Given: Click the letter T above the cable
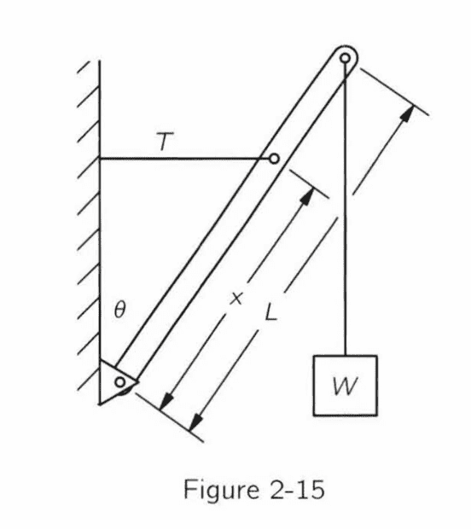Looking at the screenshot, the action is (165, 141).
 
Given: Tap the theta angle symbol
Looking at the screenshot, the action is (120, 310).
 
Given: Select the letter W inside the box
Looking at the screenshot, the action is (345, 386).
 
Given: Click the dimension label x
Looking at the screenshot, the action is (235, 299).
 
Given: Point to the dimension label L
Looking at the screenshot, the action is (271, 312).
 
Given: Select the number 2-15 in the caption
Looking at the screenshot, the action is (297, 490).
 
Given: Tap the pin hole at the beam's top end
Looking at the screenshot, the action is (345, 58).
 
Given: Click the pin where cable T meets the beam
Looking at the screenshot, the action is (274, 158).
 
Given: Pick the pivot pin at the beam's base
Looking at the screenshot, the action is (120, 382).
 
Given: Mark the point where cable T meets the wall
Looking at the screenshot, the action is (100, 158).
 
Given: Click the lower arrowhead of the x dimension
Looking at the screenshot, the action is (166, 402).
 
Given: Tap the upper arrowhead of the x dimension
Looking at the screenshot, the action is (307, 195).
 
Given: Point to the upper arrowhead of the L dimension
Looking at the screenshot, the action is (407, 114).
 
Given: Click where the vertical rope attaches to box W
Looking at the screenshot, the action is (346, 356).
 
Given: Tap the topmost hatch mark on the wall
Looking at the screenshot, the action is (89, 67).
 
